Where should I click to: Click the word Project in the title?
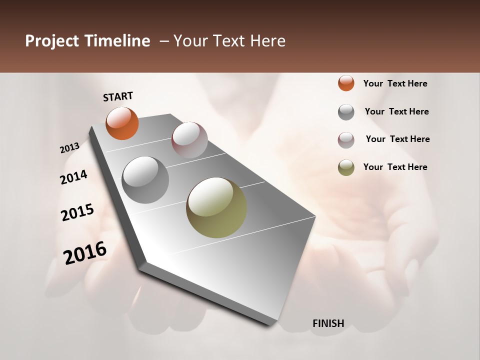pos(52,41)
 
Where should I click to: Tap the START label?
pos(118,96)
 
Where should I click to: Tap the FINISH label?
pos(328,323)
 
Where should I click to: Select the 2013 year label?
pos(69,148)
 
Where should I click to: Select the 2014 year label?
pos(73,177)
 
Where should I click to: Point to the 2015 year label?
pos(77,212)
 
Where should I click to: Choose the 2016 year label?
pos(85,252)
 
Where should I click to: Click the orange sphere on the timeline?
pos(122,123)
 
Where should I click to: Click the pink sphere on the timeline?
pos(189,139)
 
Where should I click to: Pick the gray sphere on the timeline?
pos(145,179)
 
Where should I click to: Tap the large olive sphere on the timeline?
pos(216,207)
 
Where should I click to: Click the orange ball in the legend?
pos(346,83)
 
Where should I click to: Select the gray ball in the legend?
pos(346,112)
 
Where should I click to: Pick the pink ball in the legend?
pos(346,140)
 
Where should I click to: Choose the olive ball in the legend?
pos(346,167)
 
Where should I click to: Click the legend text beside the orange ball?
pos(395,84)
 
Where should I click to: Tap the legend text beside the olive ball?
pos(395,167)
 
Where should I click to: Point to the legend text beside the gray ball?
pos(397,111)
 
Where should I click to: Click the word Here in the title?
pos(267,41)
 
